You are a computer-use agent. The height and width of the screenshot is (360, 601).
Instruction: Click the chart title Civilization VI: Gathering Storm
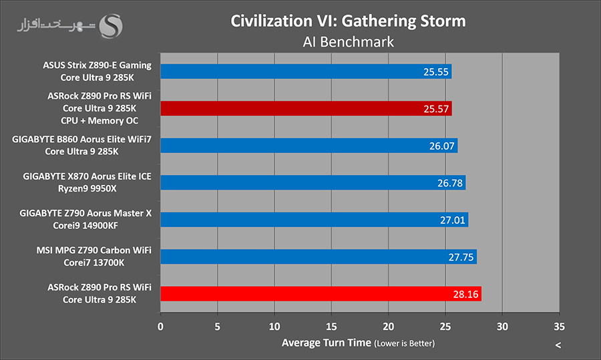(348, 21)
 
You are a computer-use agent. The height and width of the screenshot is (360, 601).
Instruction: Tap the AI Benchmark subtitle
(348, 41)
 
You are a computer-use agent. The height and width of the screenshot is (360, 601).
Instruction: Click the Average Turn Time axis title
(326, 343)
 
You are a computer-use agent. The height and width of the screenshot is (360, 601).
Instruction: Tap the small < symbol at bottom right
(558, 345)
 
